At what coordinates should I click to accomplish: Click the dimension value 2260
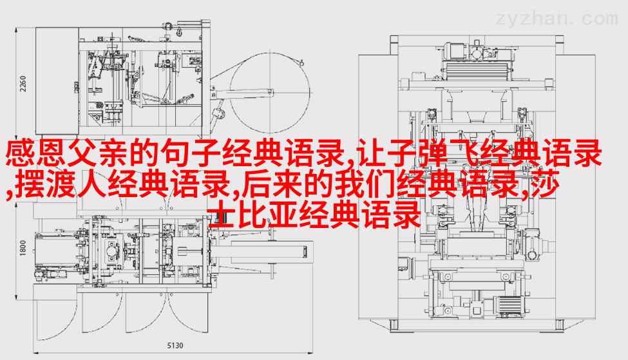pos(23,84)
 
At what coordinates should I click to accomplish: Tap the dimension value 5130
pos(175,345)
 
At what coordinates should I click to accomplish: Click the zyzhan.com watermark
pos(557,19)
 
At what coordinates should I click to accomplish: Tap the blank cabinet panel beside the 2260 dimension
pos(57,81)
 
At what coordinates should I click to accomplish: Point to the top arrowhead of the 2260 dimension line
pos(16,30)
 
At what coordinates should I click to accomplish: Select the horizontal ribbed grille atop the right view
pos(477,71)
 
